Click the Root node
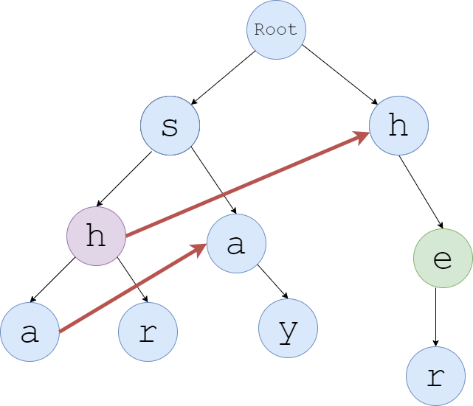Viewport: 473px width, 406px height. tap(276, 30)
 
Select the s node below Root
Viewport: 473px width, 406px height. tap(170, 126)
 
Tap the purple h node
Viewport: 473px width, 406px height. tap(96, 236)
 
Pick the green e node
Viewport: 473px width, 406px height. tap(443, 258)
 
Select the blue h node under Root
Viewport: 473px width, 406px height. tap(398, 126)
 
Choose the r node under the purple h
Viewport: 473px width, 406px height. tap(148, 332)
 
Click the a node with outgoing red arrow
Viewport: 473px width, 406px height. tap(30, 332)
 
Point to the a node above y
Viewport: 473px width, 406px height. tap(236, 243)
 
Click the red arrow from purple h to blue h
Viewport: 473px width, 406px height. tap(247, 185)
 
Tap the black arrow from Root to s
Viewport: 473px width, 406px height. tap(223, 77)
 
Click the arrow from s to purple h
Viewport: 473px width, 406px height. tap(124, 179)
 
